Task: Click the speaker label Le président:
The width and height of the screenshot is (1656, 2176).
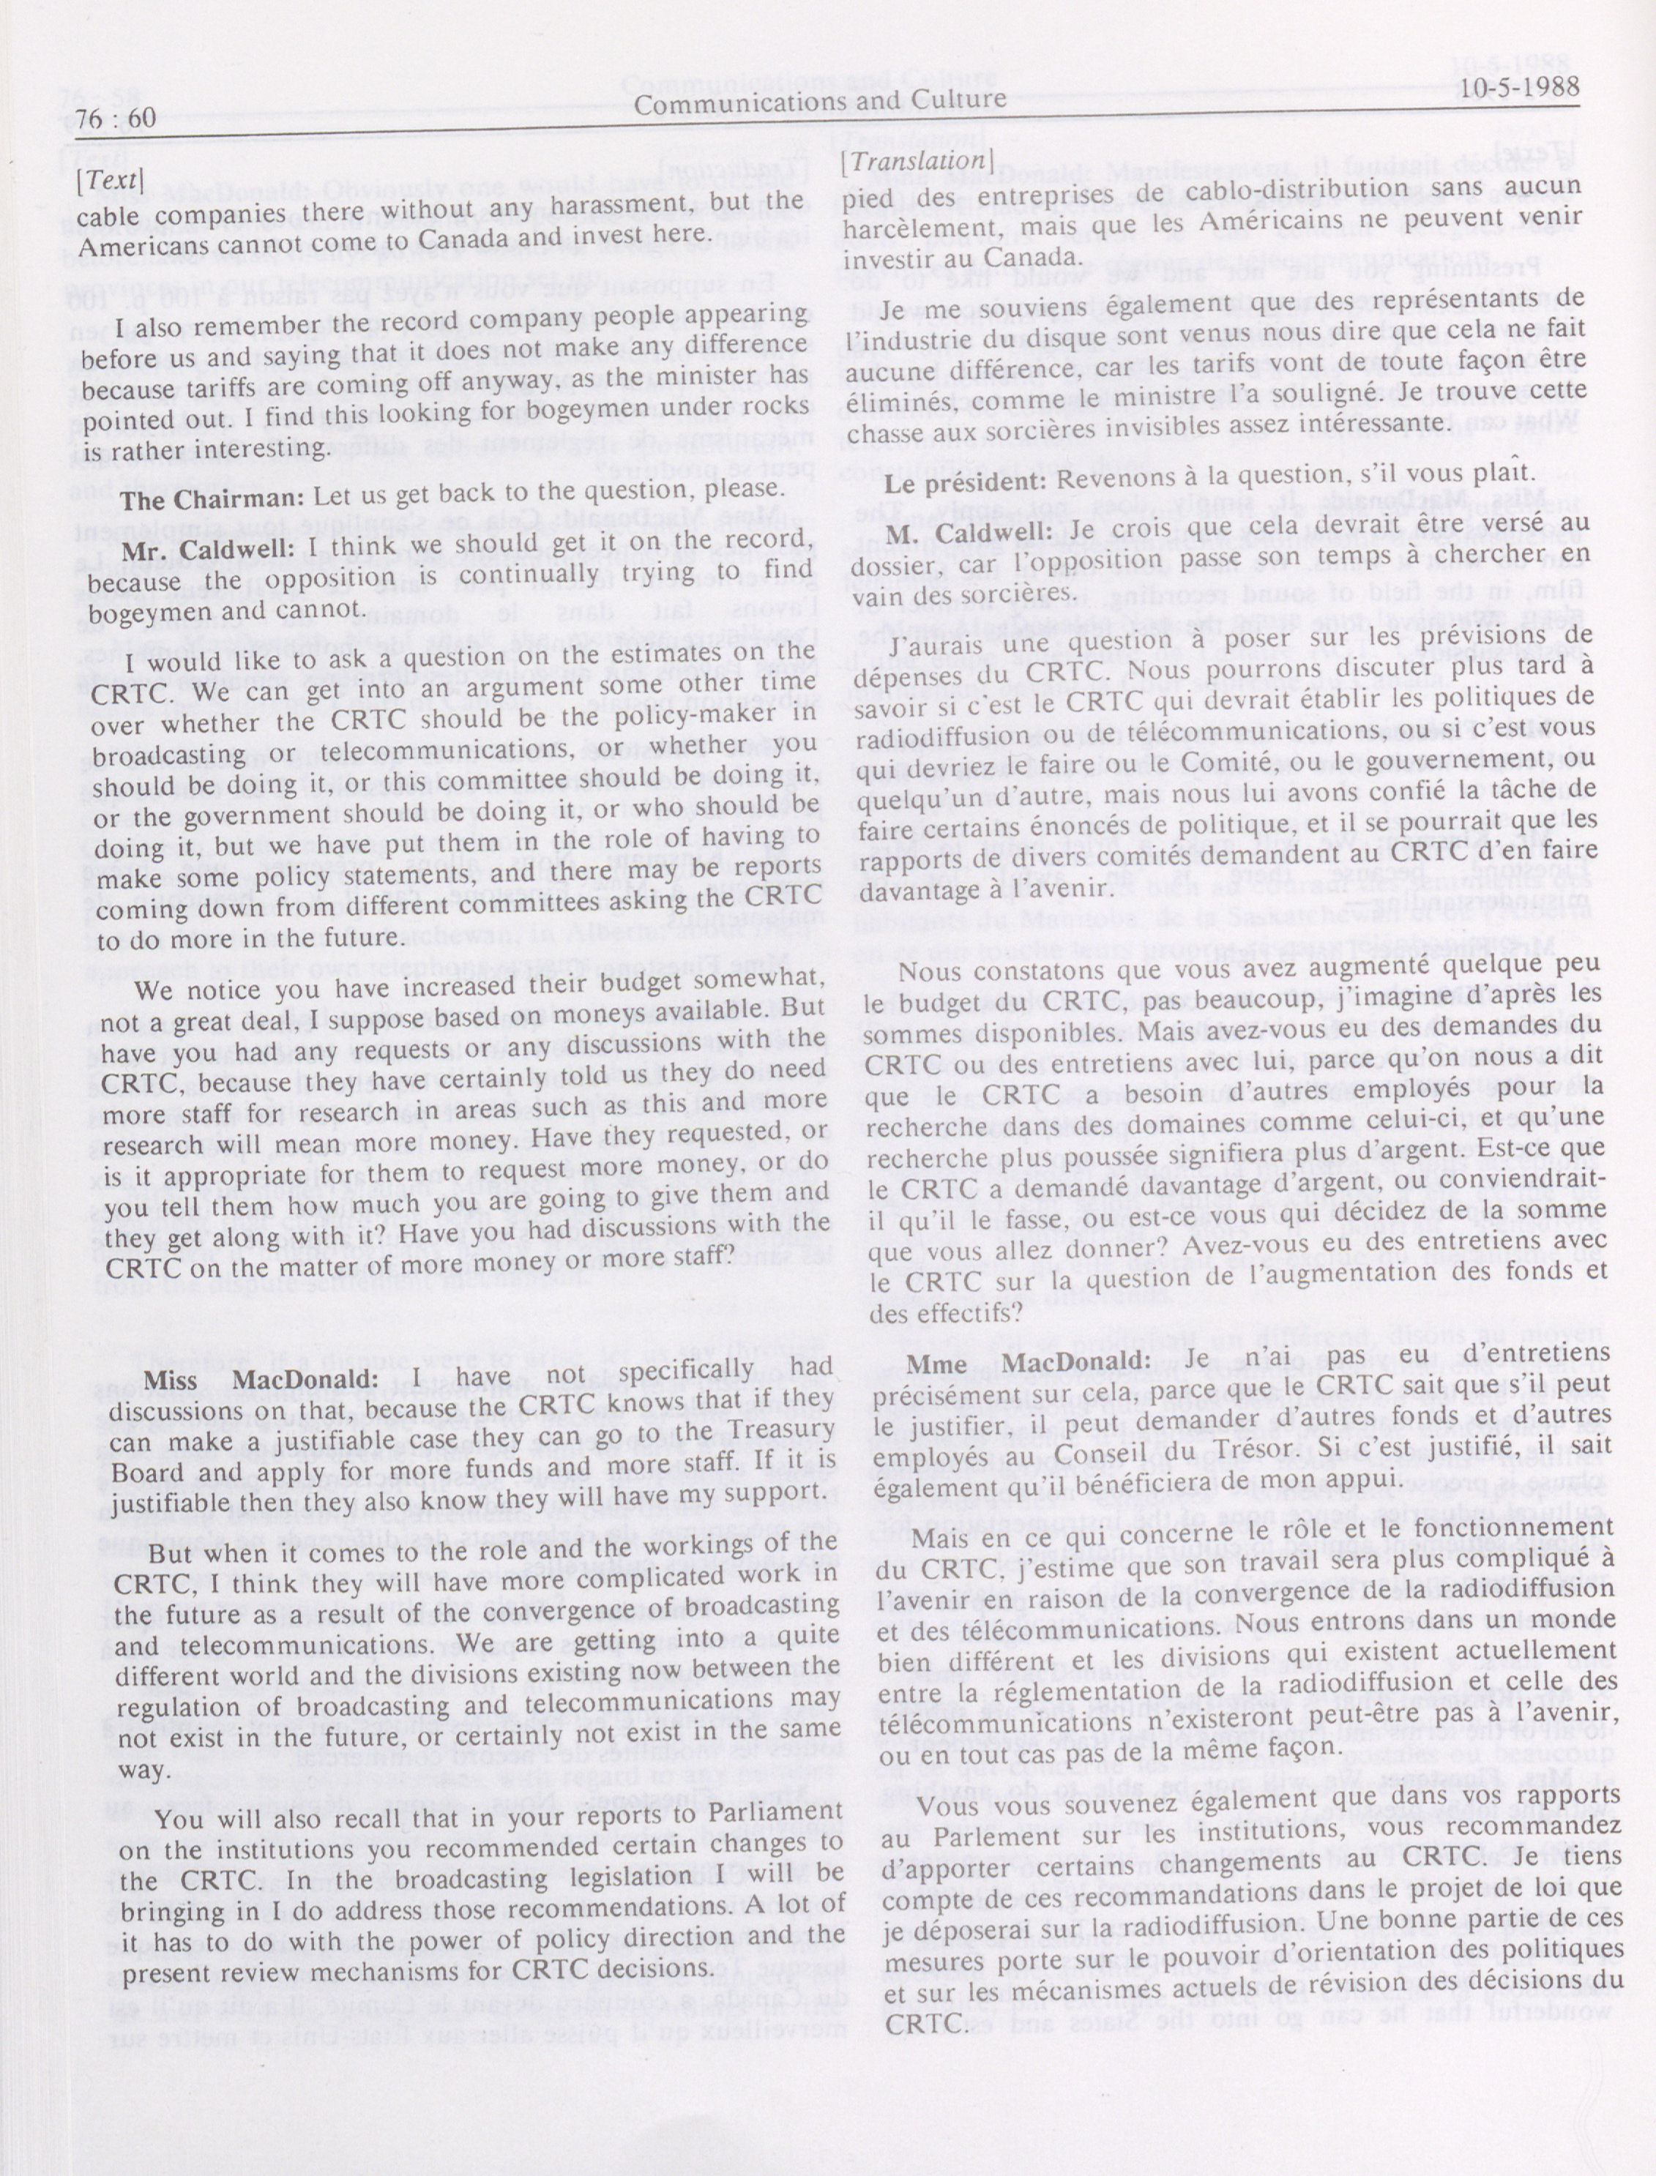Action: point(963,483)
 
